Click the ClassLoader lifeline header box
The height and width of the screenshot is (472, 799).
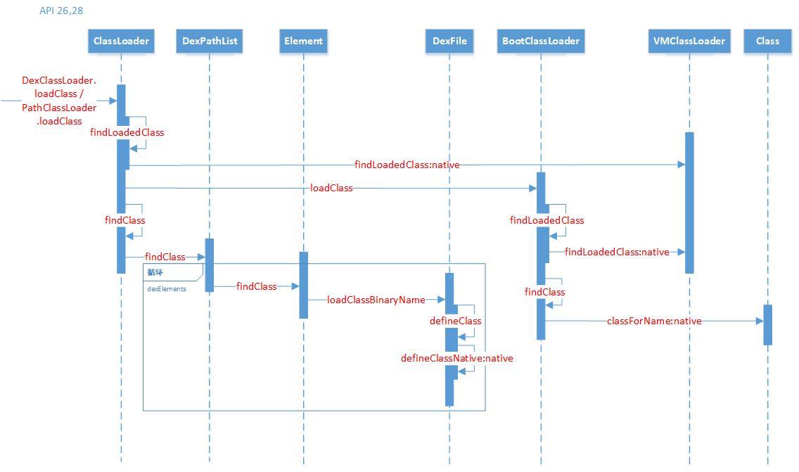coord(121,41)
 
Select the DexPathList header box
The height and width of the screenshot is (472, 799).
coord(210,41)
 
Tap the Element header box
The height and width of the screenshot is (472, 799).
coord(303,41)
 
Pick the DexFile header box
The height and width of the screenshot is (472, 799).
coord(449,41)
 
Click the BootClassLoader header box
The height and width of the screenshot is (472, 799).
coord(541,41)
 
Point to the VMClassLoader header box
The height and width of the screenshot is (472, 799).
coord(689,41)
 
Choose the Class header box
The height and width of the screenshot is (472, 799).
coord(767,41)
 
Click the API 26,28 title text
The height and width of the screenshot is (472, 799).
coord(61,11)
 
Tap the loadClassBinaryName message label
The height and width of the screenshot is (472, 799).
coord(376,300)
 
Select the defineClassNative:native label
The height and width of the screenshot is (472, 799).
coord(457,358)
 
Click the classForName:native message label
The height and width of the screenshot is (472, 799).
coord(654,321)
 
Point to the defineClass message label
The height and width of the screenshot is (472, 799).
coord(456,321)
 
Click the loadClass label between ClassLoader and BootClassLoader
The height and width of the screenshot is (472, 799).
coord(331,188)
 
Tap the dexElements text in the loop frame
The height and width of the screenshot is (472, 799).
coord(167,289)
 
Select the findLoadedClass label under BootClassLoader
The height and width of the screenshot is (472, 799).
coord(546,220)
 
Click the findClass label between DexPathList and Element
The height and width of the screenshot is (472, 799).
coord(256,286)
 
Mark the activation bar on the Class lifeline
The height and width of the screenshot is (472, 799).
coord(768,325)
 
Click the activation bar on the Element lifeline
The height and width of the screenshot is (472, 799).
coord(303,285)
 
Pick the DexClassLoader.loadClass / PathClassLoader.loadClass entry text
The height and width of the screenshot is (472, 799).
coord(59,101)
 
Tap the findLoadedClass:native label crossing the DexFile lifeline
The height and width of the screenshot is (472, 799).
coord(407,165)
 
